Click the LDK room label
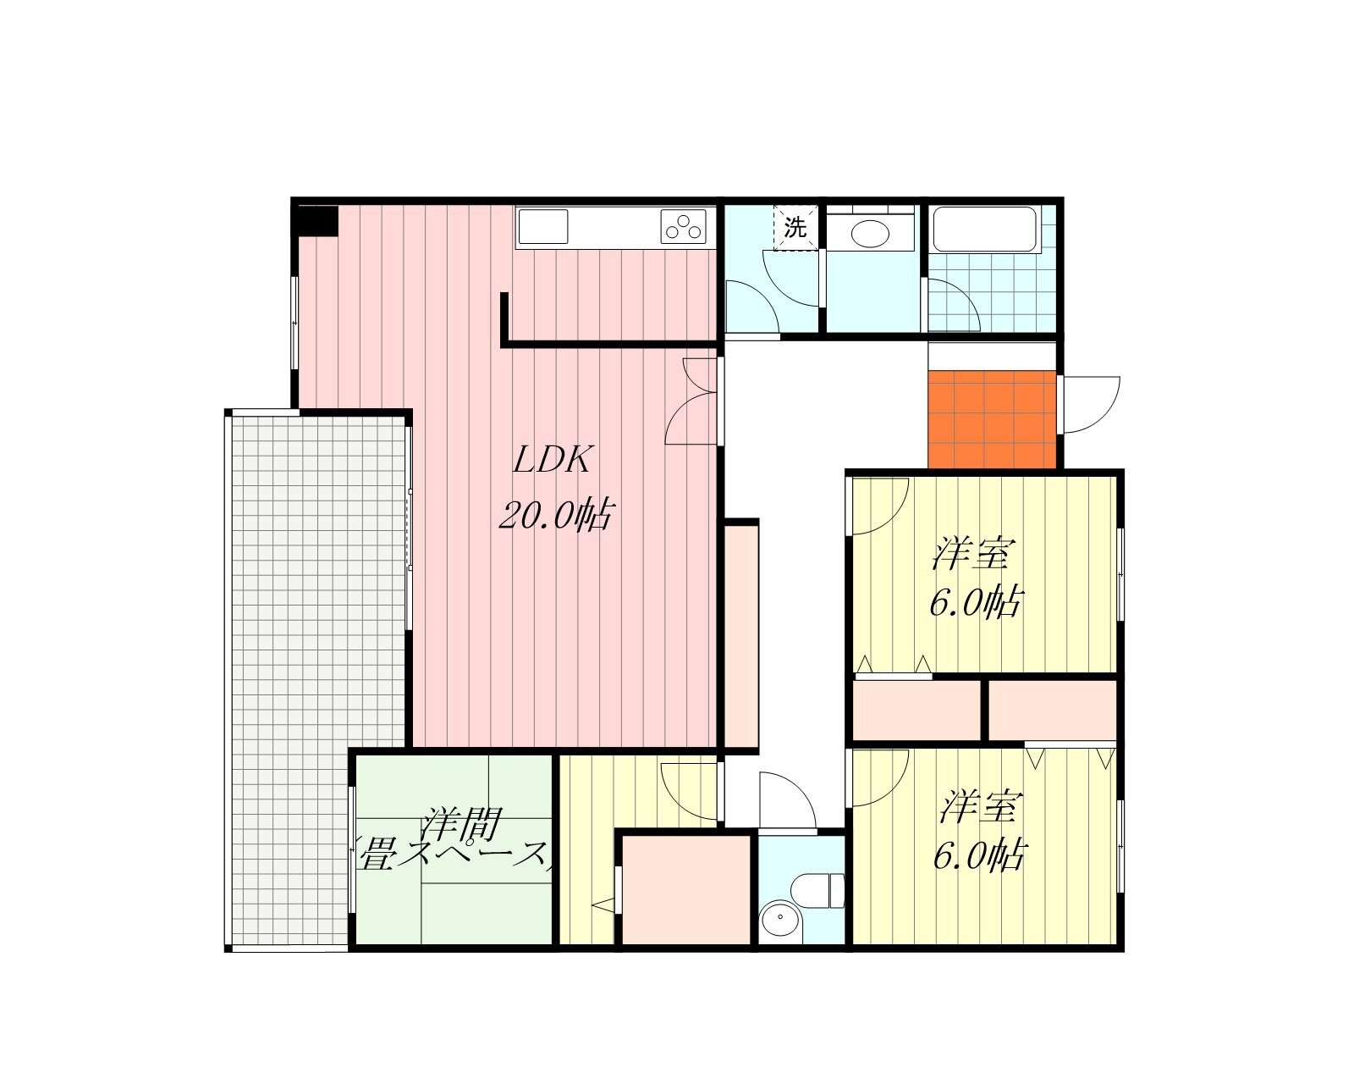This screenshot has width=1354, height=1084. click(x=553, y=460)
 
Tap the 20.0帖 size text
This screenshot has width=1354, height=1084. click(x=556, y=516)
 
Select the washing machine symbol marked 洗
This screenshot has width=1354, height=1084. click(x=796, y=227)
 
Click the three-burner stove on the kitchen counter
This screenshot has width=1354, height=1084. click(x=683, y=227)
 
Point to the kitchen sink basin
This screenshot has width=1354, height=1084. click(x=542, y=227)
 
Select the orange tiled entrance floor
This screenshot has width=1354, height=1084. click(x=992, y=420)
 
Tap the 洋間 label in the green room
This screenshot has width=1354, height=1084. click(x=462, y=822)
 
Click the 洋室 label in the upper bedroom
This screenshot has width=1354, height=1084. click(x=972, y=554)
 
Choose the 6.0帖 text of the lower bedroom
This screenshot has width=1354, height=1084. click(x=980, y=854)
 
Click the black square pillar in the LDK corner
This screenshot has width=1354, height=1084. click(x=317, y=220)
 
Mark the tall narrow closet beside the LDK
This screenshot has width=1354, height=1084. click(x=741, y=635)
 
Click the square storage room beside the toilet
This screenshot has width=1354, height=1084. click(x=688, y=890)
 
